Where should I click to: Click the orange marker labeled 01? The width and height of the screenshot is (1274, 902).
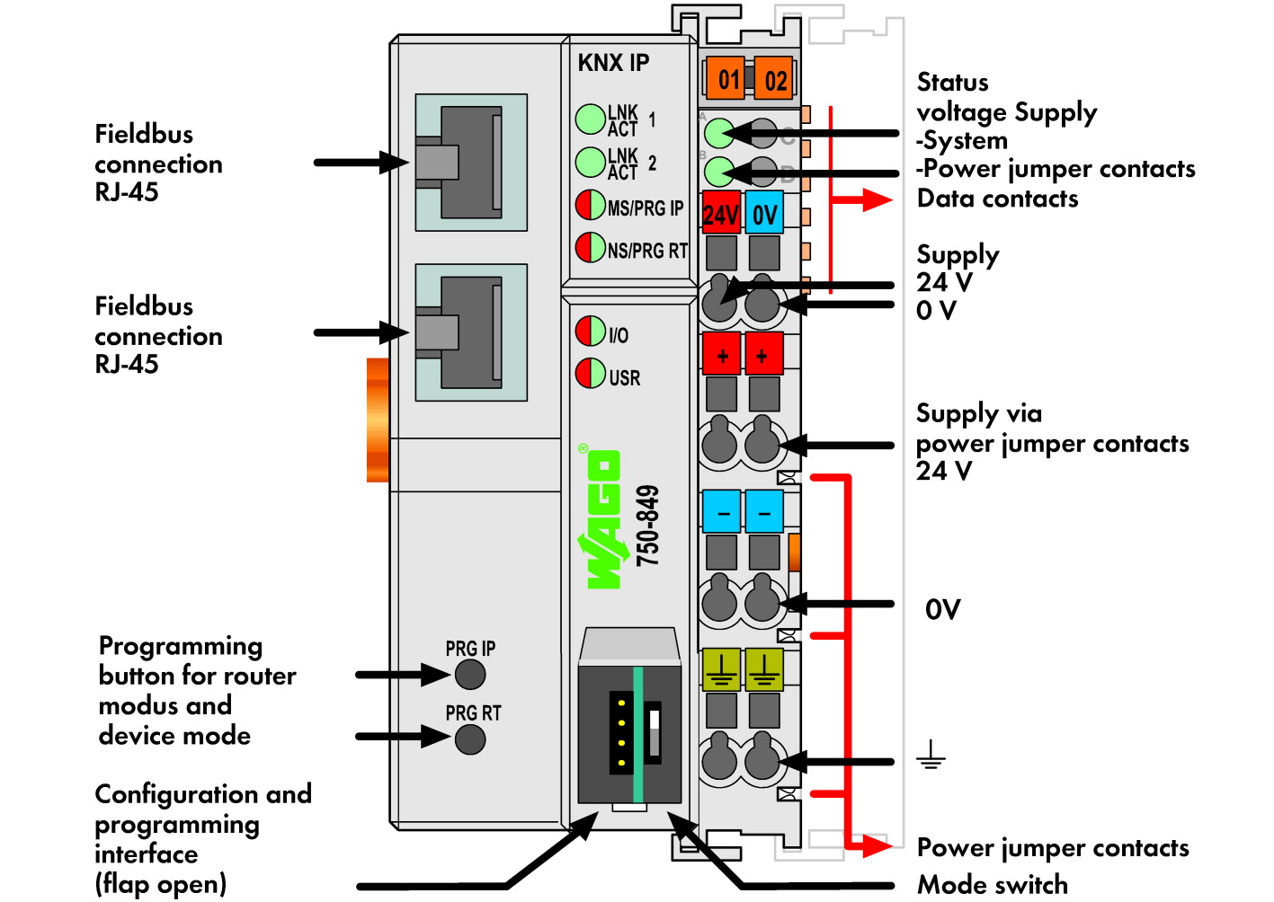[x=725, y=78]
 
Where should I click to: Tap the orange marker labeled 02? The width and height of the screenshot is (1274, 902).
[x=773, y=78]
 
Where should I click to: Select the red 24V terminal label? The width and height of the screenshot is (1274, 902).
[x=721, y=213]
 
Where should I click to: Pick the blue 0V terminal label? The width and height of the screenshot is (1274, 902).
[x=764, y=213]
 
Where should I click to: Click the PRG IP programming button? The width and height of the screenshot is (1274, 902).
[x=470, y=675]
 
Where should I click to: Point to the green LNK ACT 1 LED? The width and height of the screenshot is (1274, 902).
[x=591, y=119]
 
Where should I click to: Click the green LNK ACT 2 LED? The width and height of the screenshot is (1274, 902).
[x=591, y=163]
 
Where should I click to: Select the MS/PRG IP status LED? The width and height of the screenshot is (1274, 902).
[x=591, y=205]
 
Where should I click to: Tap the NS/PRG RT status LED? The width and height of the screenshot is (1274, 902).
[x=591, y=247]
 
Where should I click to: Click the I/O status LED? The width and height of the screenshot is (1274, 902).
[x=591, y=331]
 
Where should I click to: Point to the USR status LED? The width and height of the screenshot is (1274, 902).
[x=591, y=374]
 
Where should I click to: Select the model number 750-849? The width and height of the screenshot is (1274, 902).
[x=648, y=526]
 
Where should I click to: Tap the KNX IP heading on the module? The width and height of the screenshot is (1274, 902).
[x=613, y=63]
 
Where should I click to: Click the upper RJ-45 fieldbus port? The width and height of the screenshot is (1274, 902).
[x=471, y=163]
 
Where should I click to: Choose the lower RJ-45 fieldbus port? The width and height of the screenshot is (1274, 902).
[x=471, y=332]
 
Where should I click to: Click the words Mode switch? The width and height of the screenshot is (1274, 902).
[x=993, y=885]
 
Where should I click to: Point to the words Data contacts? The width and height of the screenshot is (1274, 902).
[x=998, y=199]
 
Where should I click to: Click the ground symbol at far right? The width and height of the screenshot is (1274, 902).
[x=931, y=755]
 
